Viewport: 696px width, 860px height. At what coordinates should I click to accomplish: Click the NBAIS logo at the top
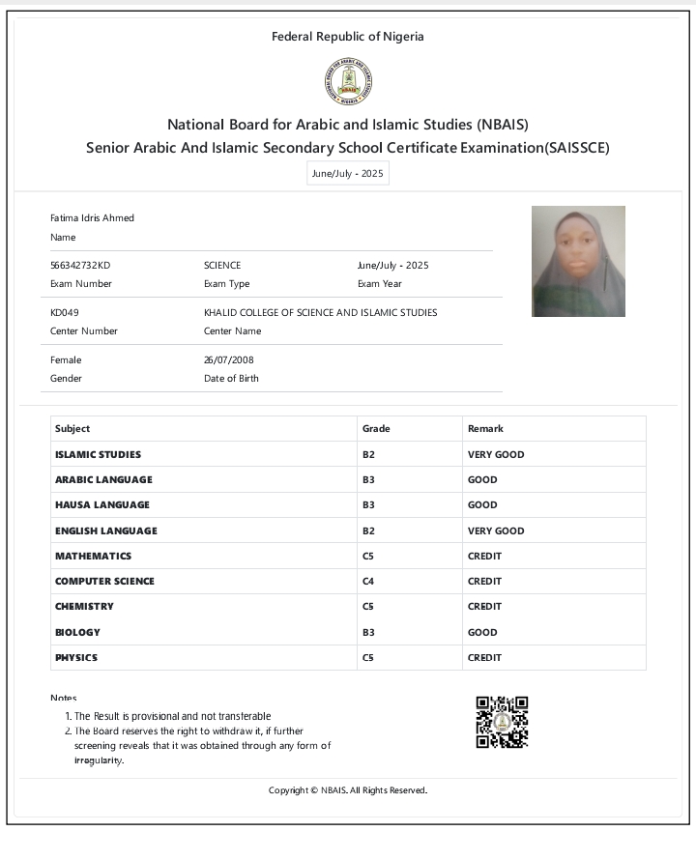(348, 82)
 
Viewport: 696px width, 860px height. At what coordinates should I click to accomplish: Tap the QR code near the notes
(502, 723)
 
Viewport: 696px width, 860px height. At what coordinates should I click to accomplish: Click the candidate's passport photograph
(578, 261)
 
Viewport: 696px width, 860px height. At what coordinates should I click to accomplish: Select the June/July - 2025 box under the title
(347, 174)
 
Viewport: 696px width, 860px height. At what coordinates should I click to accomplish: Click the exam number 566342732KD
(80, 265)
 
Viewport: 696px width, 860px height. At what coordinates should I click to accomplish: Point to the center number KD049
(64, 312)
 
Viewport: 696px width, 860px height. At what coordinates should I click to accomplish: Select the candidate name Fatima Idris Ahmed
(92, 217)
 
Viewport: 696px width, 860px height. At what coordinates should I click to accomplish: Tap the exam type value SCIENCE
(222, 265)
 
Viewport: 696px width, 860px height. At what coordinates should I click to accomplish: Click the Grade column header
(376, 428)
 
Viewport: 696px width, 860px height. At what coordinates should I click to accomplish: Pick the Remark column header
(485, 428)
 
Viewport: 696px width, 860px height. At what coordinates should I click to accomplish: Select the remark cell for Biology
(482, 632)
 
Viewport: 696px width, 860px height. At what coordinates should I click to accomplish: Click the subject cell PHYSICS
(76, 657)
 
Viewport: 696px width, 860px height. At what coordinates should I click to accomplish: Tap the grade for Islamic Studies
(368, 454)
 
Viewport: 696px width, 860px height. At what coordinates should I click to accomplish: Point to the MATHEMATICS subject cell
(93, 556)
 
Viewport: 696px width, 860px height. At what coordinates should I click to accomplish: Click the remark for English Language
(496, 530)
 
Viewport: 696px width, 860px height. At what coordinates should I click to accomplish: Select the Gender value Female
(66, 359)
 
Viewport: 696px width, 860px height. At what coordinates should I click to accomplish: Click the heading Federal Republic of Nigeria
(348, 37)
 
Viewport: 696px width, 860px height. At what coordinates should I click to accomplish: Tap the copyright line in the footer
(348, 790)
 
